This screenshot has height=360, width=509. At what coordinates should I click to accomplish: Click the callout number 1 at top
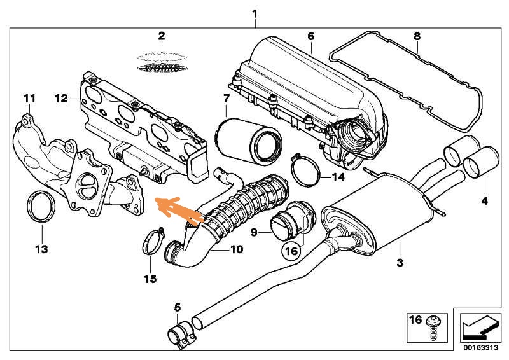point(254,13)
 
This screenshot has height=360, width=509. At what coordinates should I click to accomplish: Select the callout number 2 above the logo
point(162,36)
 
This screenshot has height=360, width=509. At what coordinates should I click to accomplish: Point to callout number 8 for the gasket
point(417,36)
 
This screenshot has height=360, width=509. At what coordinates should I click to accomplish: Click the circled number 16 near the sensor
point(291,251)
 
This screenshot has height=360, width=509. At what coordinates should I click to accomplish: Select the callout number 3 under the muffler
point(400,261)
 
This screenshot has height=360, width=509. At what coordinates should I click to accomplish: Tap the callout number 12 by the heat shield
point(61,99)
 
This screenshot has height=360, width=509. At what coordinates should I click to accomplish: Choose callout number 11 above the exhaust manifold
point(30,99)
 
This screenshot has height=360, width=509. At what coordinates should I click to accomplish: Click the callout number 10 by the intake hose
point(236,249)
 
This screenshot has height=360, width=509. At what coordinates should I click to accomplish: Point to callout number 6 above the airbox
point(310,36)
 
